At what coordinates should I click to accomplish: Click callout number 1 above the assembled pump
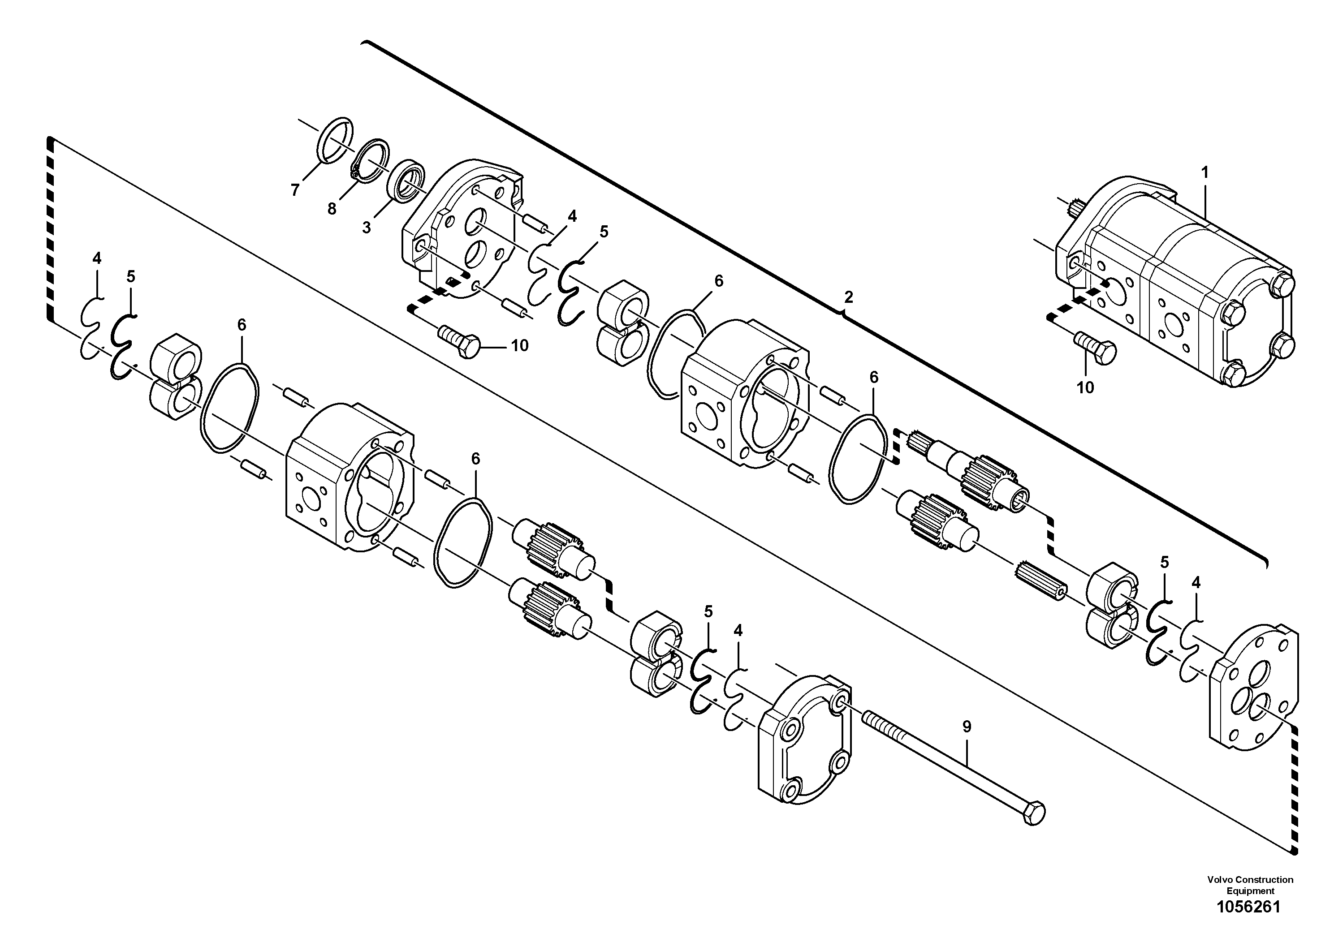(x=1204, y=172)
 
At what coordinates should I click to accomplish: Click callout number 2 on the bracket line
(x=848, y=297)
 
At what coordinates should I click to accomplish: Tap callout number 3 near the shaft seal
(x=366, y=228)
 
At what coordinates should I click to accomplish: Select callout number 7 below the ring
(x=295, y=190)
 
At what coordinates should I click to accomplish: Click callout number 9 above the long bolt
(x=966, y=727)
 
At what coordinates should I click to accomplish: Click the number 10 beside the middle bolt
(x=519, y=345)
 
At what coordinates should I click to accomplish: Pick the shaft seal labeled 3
(x=406, y=182)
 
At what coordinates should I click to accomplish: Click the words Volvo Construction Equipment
(x=1250, y=885)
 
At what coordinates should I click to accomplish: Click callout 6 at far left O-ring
(x=242, y=325)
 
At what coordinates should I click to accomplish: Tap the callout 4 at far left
(x=96, y=258)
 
